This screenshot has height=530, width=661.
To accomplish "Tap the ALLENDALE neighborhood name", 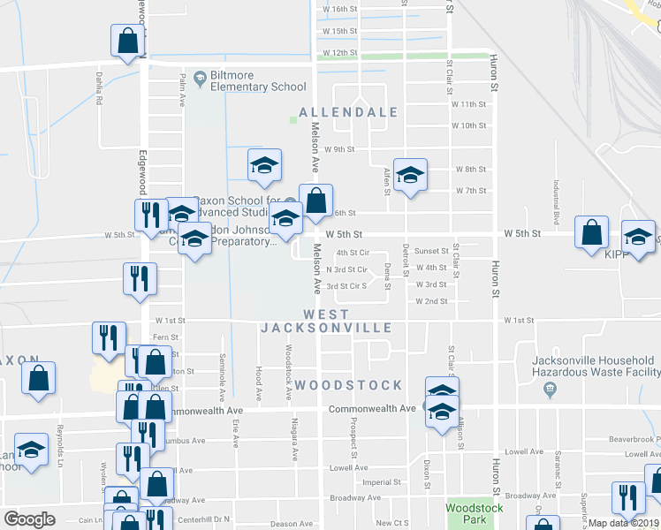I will (348, 113).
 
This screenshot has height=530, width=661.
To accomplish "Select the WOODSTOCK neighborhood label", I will (348, 386).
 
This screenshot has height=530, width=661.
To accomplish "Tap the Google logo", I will (29, 519).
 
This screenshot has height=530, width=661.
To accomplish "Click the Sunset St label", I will (432, 251).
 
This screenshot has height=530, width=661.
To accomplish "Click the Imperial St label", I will (383, 482).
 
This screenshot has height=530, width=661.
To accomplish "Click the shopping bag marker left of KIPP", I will (591, 232).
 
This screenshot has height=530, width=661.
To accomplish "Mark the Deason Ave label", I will (288, 524).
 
